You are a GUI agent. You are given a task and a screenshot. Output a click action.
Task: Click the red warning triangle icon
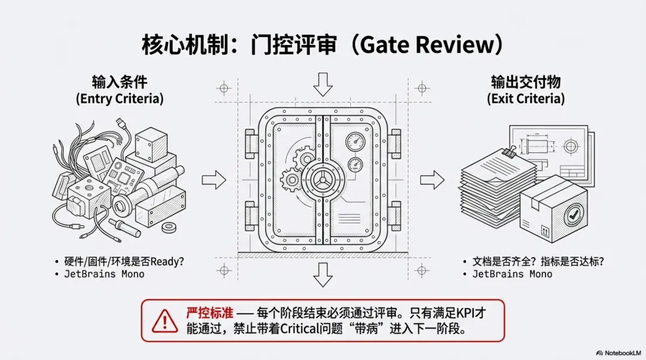pos(164,321)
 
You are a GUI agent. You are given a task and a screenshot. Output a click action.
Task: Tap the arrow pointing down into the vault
pos(323,84)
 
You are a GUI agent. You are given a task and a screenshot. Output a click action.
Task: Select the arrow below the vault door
pos(323,274)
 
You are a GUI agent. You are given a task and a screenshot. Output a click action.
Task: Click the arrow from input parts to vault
pos(214,178)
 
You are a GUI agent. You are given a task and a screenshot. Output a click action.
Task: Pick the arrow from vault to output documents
pos(432,178)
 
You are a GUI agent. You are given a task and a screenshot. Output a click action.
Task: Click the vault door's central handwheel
pos(322,178)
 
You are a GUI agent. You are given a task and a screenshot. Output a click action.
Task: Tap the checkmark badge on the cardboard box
pos(575,212)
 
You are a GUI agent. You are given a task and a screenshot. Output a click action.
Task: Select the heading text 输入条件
pos(119,83)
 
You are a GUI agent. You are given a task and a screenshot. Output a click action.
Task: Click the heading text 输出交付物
pos(526,83)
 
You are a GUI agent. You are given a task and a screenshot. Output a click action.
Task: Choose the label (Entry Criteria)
pos(120,99)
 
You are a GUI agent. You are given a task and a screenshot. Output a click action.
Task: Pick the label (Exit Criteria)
pos(526,99)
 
